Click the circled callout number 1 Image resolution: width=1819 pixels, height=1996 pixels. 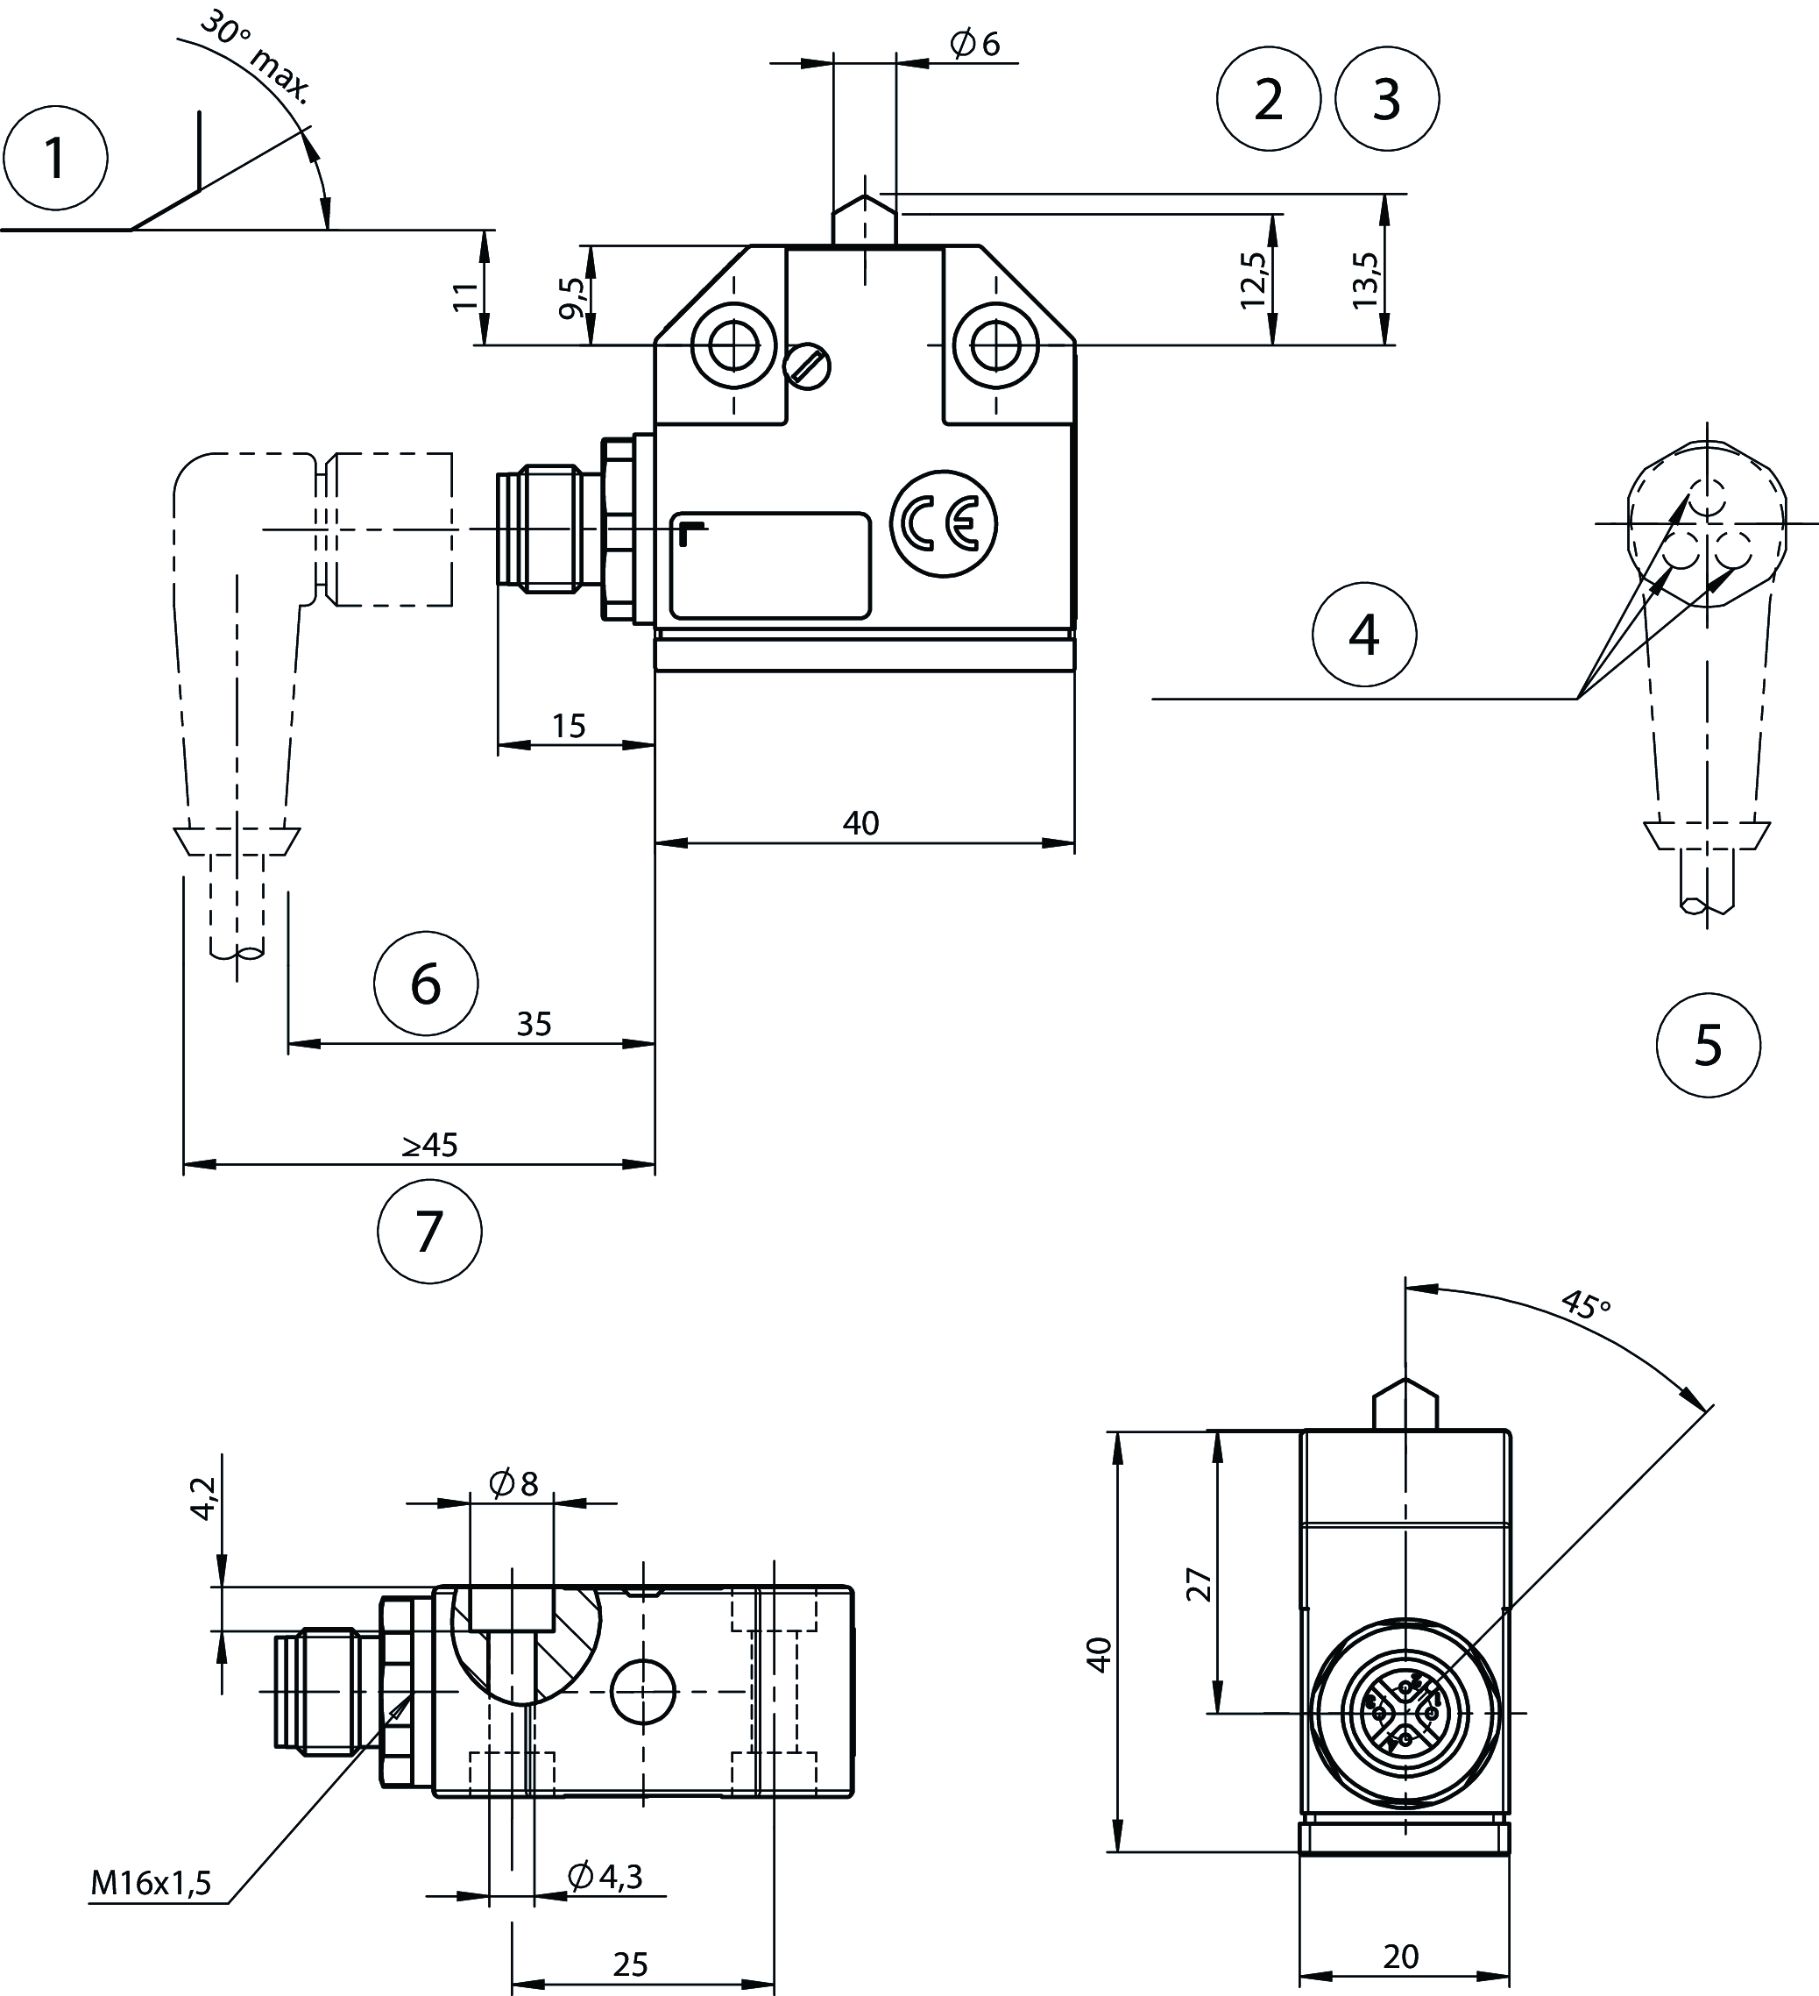55,159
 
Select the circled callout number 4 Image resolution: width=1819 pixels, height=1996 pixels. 1363,635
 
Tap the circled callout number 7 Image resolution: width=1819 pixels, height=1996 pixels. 429,1232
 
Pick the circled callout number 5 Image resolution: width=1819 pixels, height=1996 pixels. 1708,1046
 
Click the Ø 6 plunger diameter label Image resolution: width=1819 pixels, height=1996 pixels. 975,43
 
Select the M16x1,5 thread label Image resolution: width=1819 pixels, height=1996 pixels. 152,1882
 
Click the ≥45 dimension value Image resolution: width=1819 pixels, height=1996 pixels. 429,1145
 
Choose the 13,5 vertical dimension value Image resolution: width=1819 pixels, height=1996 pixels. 1366,281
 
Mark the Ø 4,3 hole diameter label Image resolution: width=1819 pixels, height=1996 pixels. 605,1874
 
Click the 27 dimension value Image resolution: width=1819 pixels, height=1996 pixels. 1200,1584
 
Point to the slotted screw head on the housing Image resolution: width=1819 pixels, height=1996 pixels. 808,367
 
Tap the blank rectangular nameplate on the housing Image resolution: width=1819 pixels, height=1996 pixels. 770,565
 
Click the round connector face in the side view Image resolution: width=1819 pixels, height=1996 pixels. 1405,1712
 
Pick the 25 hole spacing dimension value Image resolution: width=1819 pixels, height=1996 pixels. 630,1964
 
